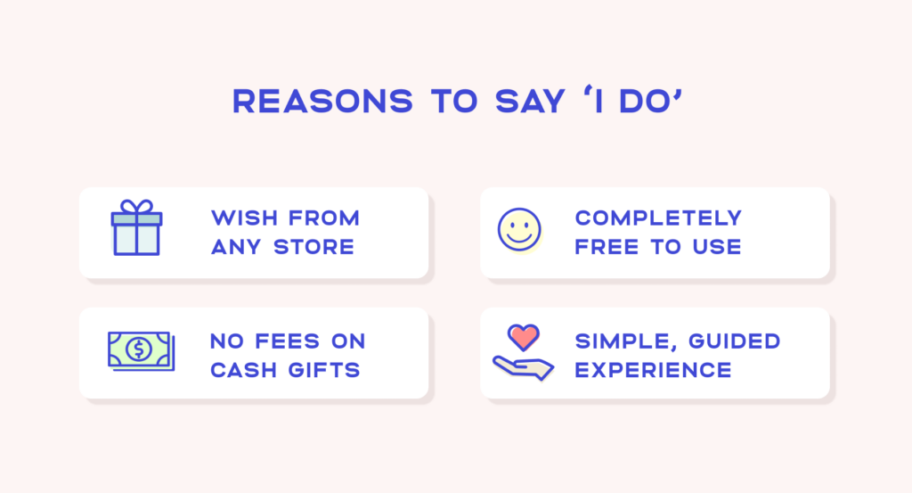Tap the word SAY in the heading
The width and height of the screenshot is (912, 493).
(527, 101)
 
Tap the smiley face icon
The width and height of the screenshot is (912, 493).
(519, 230)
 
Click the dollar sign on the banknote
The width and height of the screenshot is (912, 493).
(138, 349)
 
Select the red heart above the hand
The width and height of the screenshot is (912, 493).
(523, 337)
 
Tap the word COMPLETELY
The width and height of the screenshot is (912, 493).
(658, 218)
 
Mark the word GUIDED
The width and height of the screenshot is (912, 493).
(729, 341)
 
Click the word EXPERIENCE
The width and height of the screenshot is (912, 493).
(653, 369)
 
